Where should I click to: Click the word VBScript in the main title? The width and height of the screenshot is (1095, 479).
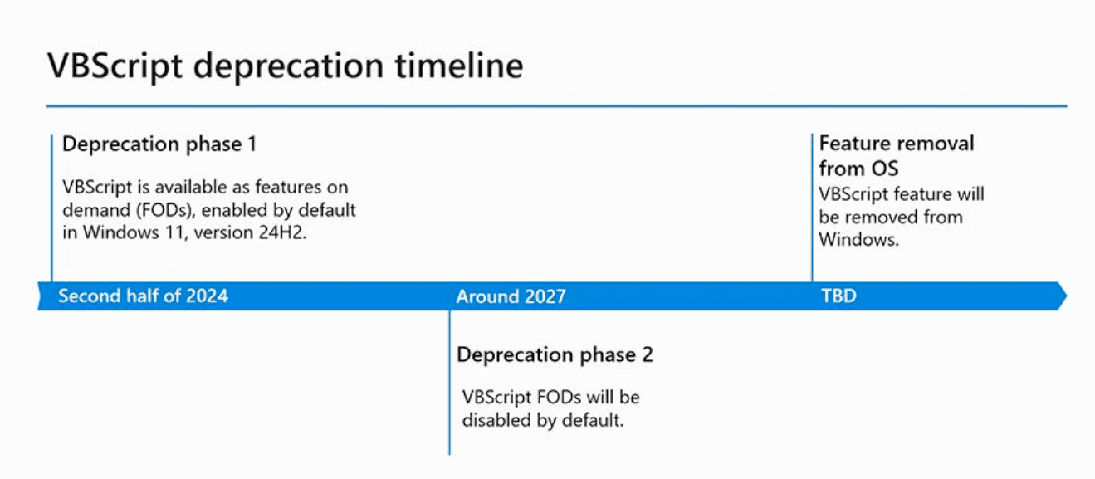115,66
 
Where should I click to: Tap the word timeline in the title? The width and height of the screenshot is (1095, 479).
459,66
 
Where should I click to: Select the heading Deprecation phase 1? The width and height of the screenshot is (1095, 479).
159,144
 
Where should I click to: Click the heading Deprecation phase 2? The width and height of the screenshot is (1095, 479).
555,354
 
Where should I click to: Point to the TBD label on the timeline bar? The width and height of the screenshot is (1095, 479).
838,296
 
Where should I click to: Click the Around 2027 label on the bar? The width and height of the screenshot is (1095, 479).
511,296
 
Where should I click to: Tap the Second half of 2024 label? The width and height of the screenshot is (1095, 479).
144,296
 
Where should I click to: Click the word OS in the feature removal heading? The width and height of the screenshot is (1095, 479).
884,169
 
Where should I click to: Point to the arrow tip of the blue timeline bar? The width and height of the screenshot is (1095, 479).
1067,296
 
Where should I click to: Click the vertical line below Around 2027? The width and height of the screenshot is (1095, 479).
449,382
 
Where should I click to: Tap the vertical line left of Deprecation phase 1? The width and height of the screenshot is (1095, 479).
51,208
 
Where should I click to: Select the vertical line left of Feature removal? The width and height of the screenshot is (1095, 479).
812,208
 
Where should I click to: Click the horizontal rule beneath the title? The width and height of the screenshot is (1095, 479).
557,105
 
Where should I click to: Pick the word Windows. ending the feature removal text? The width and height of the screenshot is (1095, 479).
859,240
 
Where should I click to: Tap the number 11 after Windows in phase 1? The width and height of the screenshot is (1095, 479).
174,232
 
